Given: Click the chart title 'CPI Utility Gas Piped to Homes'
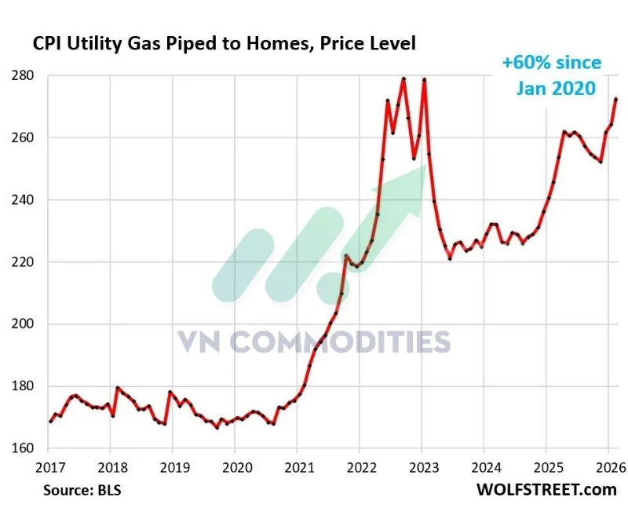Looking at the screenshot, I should pyautogui.click(x=224, y=44).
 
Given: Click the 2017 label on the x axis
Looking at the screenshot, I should pyautogui.click(x=49, y=467).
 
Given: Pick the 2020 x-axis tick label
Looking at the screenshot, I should pyautogui.click(x=235, y=467).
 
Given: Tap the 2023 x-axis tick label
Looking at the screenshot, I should pyautogui.click(x=422, y=467).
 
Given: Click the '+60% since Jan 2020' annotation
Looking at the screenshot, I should pyautogui.click(x=552, y=75).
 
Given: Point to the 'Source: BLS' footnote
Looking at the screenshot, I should pyautogui.click(x=78, y=491).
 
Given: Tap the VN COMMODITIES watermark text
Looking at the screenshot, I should pyautogui.click(x=314, y=342).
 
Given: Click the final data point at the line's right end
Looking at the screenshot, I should pyautogui.click(x=616, y=99).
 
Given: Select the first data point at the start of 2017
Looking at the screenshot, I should pyautogui.click(x=50, y=422).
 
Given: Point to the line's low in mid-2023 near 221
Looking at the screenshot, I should pyautogui.click(x=450, y=258).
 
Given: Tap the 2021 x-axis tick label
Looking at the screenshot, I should pyautogui.click(x=297, y=467).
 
